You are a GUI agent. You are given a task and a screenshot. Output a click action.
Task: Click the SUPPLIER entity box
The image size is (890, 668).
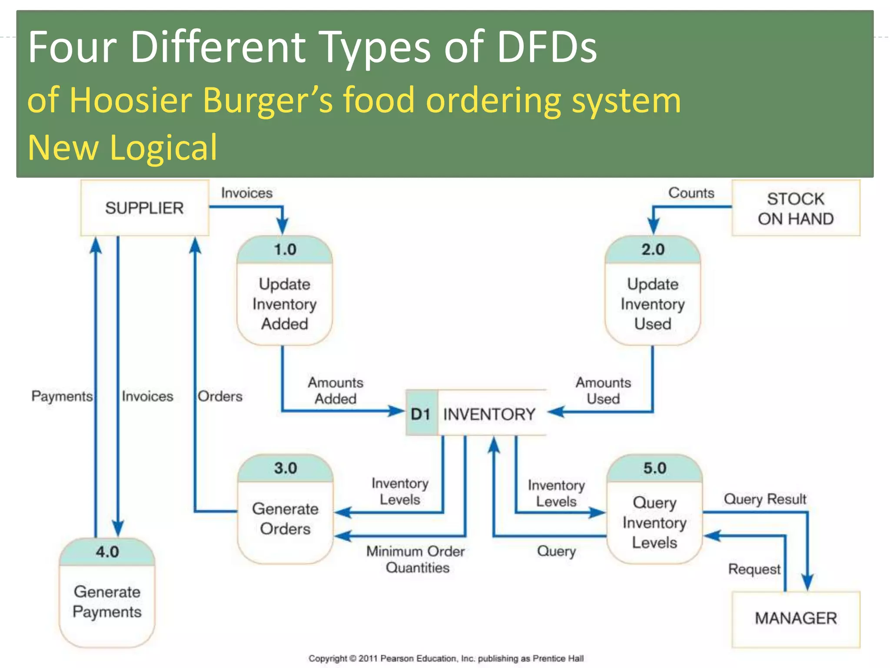point(145,208)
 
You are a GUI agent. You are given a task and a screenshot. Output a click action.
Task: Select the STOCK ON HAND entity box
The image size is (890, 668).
point(796,208)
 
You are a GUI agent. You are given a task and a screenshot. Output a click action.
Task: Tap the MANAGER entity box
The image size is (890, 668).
point(796,618)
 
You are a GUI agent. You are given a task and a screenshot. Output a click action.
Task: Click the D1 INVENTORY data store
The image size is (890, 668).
point(476,414)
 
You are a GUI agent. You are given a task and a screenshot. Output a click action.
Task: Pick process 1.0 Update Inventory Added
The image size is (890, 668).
point(285,291)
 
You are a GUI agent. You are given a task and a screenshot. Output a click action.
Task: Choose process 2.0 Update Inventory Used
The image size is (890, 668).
point(653,291)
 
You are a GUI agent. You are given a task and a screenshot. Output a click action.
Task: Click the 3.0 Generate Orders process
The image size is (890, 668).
point(286,509)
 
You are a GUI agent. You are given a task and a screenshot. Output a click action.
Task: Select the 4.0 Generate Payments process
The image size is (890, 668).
point(107,593)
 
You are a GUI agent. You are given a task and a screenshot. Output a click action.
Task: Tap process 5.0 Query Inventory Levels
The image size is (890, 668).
point(654,509)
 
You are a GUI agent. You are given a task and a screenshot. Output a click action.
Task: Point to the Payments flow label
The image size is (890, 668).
point(62,396)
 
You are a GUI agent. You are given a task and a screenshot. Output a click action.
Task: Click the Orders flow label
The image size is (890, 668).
point(220,396)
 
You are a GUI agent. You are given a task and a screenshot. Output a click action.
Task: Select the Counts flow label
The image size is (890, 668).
point(691,193)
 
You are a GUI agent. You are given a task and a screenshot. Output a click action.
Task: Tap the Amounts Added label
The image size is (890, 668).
point(335,391)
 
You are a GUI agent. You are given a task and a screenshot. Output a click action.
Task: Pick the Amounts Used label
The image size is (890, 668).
point(603,391)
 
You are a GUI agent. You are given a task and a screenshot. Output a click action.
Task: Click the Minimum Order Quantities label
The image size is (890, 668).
point(416,559)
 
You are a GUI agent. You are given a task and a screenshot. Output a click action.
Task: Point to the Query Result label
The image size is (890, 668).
point(765,499)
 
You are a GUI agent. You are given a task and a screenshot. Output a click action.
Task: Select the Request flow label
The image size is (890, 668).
point(754,569)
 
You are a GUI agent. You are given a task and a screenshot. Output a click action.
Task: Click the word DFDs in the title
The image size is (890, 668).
point(547,47)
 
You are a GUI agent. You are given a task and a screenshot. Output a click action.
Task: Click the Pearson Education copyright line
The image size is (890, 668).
point(446,658)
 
